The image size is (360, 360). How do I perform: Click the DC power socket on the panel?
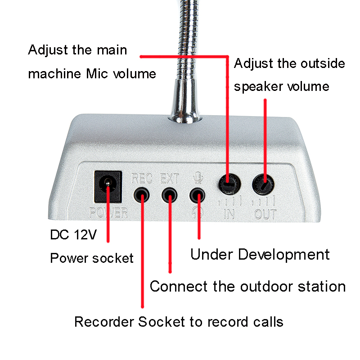pos(108,186)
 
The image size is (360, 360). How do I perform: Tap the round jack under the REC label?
pos(142,195)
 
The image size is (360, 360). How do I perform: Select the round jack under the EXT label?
pos(170,195)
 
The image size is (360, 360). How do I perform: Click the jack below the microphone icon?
pos(198,195)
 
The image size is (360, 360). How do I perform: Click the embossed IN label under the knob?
pos(229,214)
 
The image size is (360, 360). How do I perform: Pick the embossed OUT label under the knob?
pos(265,214)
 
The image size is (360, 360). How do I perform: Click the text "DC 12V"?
pos(73,235)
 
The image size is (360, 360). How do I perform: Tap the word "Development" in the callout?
pos(283,254)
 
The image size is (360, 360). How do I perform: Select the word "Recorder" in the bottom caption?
pos(104,322)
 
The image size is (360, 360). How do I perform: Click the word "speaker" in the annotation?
pos(258,86)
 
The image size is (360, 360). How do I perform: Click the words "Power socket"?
pos(92,258)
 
